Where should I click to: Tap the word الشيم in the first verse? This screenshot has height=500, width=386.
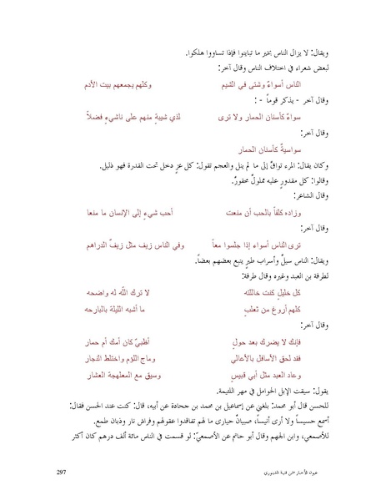coord(226,86)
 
